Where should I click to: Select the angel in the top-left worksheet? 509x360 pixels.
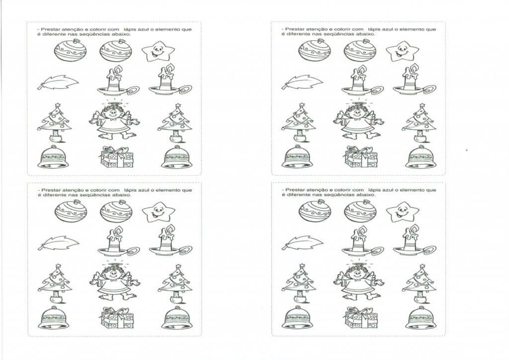114,122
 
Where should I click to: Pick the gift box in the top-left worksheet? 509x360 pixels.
117,158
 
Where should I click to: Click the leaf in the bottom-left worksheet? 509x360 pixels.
58,243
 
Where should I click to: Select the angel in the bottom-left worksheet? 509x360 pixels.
114,282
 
